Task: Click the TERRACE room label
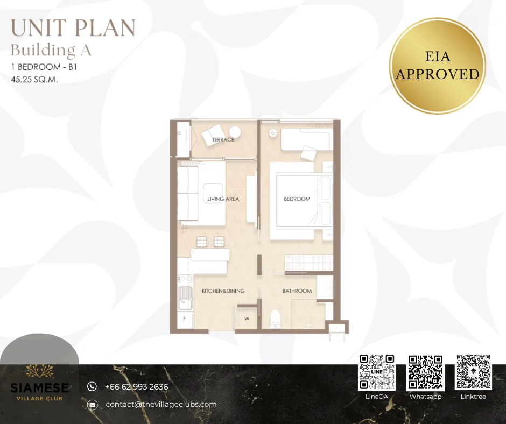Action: pyautogui.click(x=223, y=139)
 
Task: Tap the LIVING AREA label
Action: pyautogui.click(x=223, y=199)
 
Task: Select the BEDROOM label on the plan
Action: pyautogui.click(x=297, y=199)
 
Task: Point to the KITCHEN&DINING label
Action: pyautogui.click(x=223, y=291)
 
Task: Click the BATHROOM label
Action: pyautogui.click(x=297, y=291)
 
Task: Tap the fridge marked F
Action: pyautogui.click(x=185, y=320)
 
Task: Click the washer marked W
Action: pyautogui.click(x=247, y=319)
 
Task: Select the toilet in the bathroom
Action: pyautogui.click(x=275, y=319)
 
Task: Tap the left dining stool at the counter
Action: pyautogui.click(x=202, y=242)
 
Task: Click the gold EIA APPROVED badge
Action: pyautogui.click(x=437, y=66)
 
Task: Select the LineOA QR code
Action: pyautogui.click(x=377, y=372)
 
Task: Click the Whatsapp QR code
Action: pyautogui.click(x=425, y=372)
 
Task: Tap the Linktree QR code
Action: pyautogui.click(x=473, y=372)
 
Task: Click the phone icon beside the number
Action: pyautogui.click(x=92, y=386)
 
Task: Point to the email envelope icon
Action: pyautogui.click(x=92, y=405)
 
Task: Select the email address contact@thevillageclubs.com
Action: pyautogui.click(x=161, y=404)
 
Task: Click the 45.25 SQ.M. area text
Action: pyautogui.click(x=34, y=80)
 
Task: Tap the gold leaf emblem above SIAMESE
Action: pyautogui.click(x=39, y=371)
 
